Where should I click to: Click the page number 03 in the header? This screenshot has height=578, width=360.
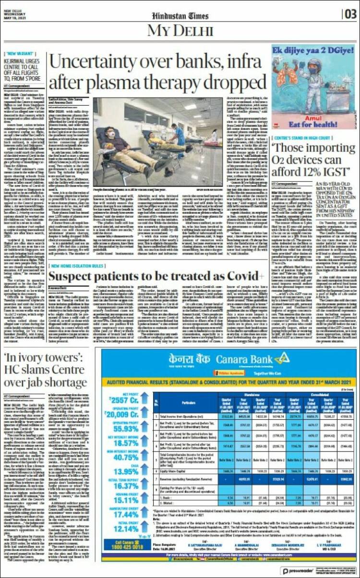click(349, 14)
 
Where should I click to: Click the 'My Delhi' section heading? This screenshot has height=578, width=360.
click(180, 31)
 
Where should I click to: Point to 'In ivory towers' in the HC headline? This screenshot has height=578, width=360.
click(34, 357)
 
